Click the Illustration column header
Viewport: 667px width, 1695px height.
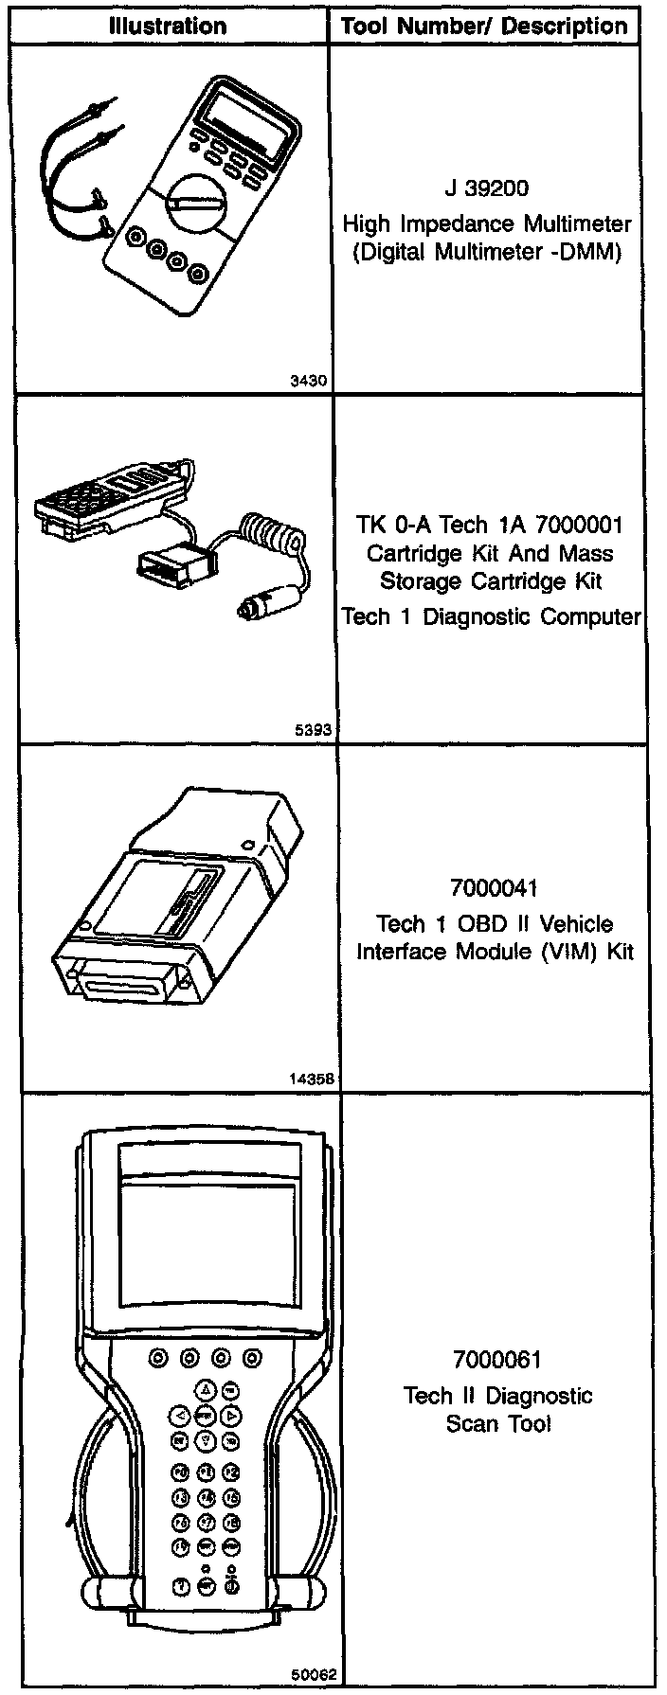tap(168, 26)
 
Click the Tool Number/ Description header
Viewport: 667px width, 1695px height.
tap(484, 26)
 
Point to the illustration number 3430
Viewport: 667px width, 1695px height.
tap(309, 382)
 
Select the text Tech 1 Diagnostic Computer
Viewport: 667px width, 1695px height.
tap(490, 617)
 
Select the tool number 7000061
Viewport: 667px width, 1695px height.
tap(496, 1361)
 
